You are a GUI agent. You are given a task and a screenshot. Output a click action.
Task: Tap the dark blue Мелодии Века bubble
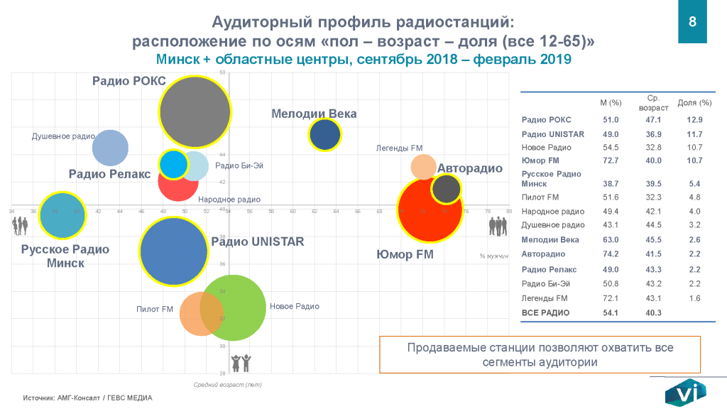(x=325, y=135)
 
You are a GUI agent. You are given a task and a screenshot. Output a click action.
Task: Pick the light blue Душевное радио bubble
(x=110, y=148)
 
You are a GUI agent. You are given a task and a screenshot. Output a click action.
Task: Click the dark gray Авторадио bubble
(x=446, y=190)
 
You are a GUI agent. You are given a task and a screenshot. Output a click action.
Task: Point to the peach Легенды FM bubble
(x=423, y=166)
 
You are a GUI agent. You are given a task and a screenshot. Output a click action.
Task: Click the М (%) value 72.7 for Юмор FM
(x=611, y=160)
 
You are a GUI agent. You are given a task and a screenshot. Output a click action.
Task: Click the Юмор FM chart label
(x=405, y=253)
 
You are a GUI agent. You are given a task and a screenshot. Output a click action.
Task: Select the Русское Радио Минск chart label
(x=65, y=256)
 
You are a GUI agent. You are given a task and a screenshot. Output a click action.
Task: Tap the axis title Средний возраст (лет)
(x=228, y=384)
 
